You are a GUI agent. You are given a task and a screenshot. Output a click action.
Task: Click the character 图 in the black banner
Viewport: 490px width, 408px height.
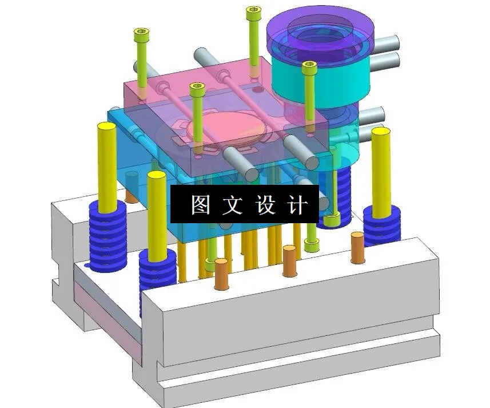tap(201, 204)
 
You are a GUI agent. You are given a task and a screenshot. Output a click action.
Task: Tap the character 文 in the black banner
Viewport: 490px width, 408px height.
tap(233, 204)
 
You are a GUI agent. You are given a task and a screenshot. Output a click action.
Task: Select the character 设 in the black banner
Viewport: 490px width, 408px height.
tap(265, 204)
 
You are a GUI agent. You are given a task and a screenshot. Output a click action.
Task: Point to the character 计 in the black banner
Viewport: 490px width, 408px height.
tap(297, 204)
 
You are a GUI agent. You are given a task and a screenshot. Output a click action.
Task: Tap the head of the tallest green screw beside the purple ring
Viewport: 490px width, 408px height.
tap(254, 12)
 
